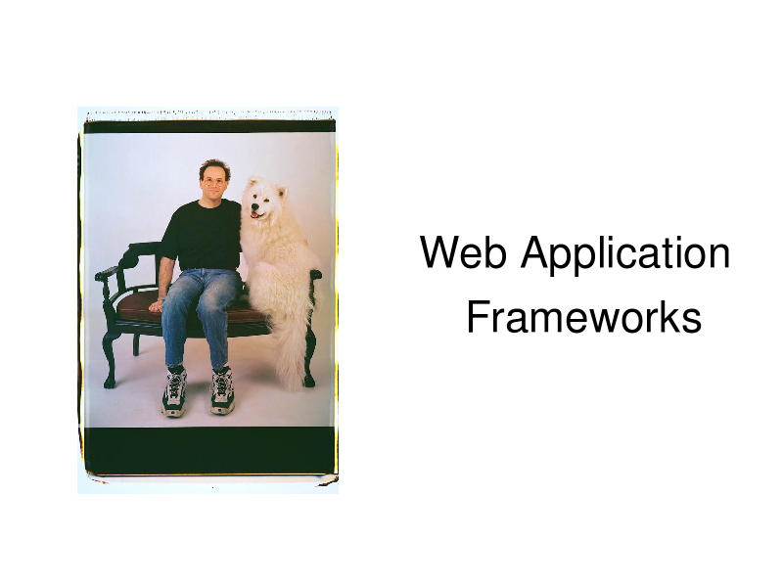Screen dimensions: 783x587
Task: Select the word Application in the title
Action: coord(625,255)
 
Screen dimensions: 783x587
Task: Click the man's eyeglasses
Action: coord(214,182)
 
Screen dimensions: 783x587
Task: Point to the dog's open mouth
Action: coord(255,214)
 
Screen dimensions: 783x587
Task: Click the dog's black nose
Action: coord(254,205)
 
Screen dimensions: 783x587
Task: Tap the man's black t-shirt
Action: coord(204,235)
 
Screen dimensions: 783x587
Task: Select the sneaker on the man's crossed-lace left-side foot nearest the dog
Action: coord(222,390)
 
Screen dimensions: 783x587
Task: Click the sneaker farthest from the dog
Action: coord(174,392)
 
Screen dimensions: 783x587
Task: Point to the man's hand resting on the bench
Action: coord(156,305)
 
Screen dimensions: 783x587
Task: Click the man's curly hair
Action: coord(214,167)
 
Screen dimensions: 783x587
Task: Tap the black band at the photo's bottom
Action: coord(208,450)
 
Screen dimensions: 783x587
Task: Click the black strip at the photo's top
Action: coord(209,127)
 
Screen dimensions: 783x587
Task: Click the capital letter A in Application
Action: coord(535,252)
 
